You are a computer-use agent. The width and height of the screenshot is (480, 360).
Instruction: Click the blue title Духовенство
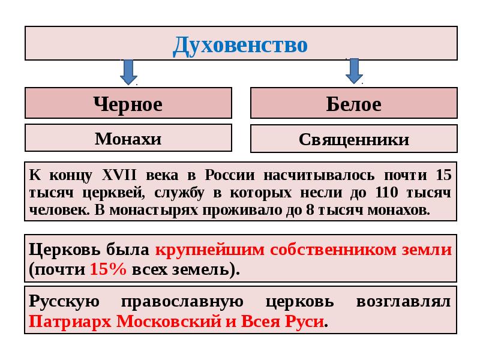tap(241, 46)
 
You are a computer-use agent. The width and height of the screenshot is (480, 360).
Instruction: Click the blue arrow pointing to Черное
tap(128, 72)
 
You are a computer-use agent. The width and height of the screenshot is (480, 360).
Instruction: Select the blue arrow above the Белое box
tap(354, 71)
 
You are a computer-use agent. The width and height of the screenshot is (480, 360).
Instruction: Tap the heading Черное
tap(128, 104)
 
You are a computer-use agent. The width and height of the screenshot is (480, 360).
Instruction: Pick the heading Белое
tap(354, 104)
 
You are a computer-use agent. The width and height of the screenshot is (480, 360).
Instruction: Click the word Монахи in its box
tap(128, 139)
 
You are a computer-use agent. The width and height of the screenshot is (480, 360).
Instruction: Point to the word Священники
tap(354, 140)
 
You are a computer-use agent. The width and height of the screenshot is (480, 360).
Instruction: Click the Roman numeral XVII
tap(119, 175)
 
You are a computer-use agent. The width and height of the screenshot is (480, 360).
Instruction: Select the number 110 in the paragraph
tap(386, 193)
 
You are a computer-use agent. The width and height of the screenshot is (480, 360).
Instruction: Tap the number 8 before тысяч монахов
tap(310, 210)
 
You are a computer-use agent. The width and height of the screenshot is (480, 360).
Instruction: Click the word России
tap(230, 175)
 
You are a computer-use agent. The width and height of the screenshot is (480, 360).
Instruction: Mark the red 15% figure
tap(108, 269)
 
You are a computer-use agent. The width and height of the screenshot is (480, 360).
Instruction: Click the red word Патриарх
tap(70, 322)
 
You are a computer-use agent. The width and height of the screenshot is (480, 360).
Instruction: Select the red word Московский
tap(169, 322)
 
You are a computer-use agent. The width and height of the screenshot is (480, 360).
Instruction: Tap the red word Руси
tap(304, 322)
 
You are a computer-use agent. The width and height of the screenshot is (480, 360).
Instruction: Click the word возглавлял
tap(403, 302)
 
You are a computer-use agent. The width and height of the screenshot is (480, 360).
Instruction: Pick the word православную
tap(182, 302)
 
